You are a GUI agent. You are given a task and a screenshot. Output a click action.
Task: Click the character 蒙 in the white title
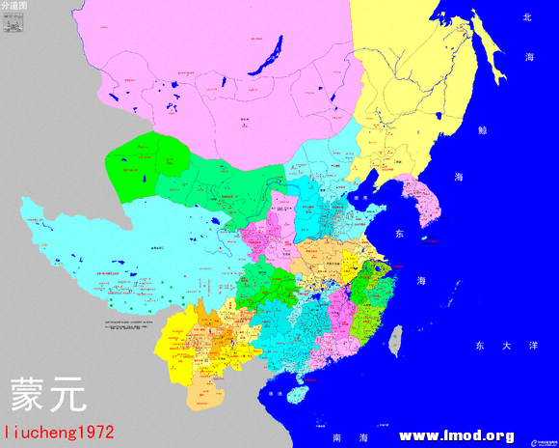coord(27,393)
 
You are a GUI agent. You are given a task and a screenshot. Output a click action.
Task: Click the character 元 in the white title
coord(67,393)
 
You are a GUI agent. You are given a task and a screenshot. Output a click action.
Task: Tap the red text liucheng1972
coord(59,433)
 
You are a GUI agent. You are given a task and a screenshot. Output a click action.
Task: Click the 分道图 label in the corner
coord(14,6)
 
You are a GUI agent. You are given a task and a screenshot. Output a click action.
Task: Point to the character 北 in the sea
coord(527,17)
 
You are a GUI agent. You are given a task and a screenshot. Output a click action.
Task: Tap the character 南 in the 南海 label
coord(337,437)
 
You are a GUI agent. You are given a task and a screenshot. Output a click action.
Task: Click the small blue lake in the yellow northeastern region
coord(439,119)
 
